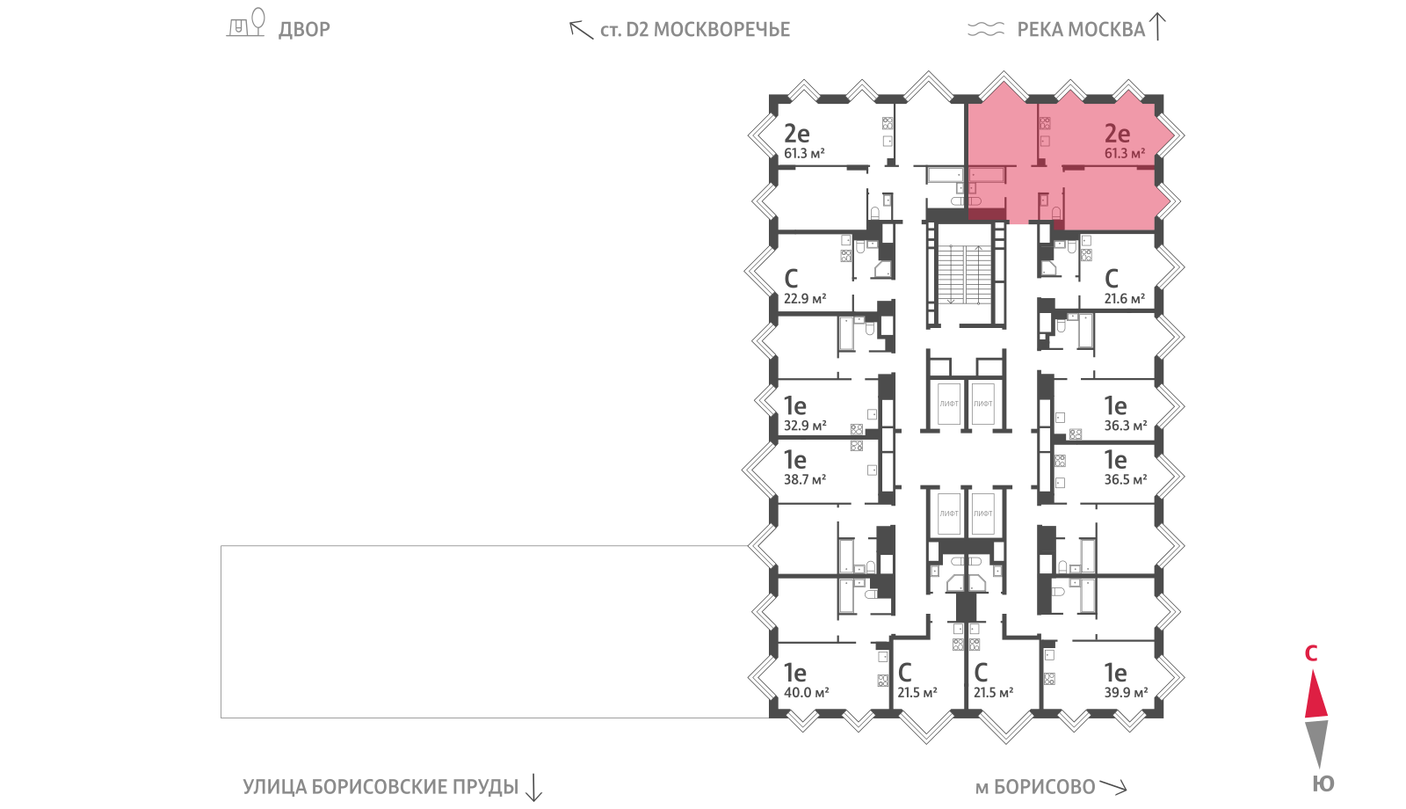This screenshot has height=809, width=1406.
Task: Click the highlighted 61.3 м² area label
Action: [1125, 153]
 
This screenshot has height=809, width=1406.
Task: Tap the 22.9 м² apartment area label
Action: [805, 299]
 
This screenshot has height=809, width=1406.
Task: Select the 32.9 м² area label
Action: [805, 426]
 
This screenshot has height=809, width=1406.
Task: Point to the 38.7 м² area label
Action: [805, 480]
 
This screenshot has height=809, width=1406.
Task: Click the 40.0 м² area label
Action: [806, 693]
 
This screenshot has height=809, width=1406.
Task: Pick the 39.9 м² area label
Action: [1126, 693]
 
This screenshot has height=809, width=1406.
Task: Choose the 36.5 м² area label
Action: [1126, 480]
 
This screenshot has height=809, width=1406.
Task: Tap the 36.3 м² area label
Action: [1126, 426]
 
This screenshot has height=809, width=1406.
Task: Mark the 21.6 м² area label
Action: [1125, 299]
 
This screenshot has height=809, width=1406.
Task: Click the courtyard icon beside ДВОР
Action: [245, 23]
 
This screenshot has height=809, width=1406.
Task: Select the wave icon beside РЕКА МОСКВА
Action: [985, 29]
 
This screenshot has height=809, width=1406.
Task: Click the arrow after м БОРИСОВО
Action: [1113, 786]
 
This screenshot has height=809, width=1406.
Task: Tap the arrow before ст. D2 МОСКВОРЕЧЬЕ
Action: [581, 30]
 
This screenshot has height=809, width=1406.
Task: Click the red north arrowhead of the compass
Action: [1316, 694]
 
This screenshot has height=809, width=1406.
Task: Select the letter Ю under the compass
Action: [1323, 783]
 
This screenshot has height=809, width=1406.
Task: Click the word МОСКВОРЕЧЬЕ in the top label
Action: [721, 30]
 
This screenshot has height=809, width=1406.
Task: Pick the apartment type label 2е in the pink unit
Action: [1117, 133]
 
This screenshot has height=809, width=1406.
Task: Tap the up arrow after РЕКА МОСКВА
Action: [1157, 27]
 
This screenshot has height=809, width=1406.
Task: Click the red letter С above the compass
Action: [1310, 654]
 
